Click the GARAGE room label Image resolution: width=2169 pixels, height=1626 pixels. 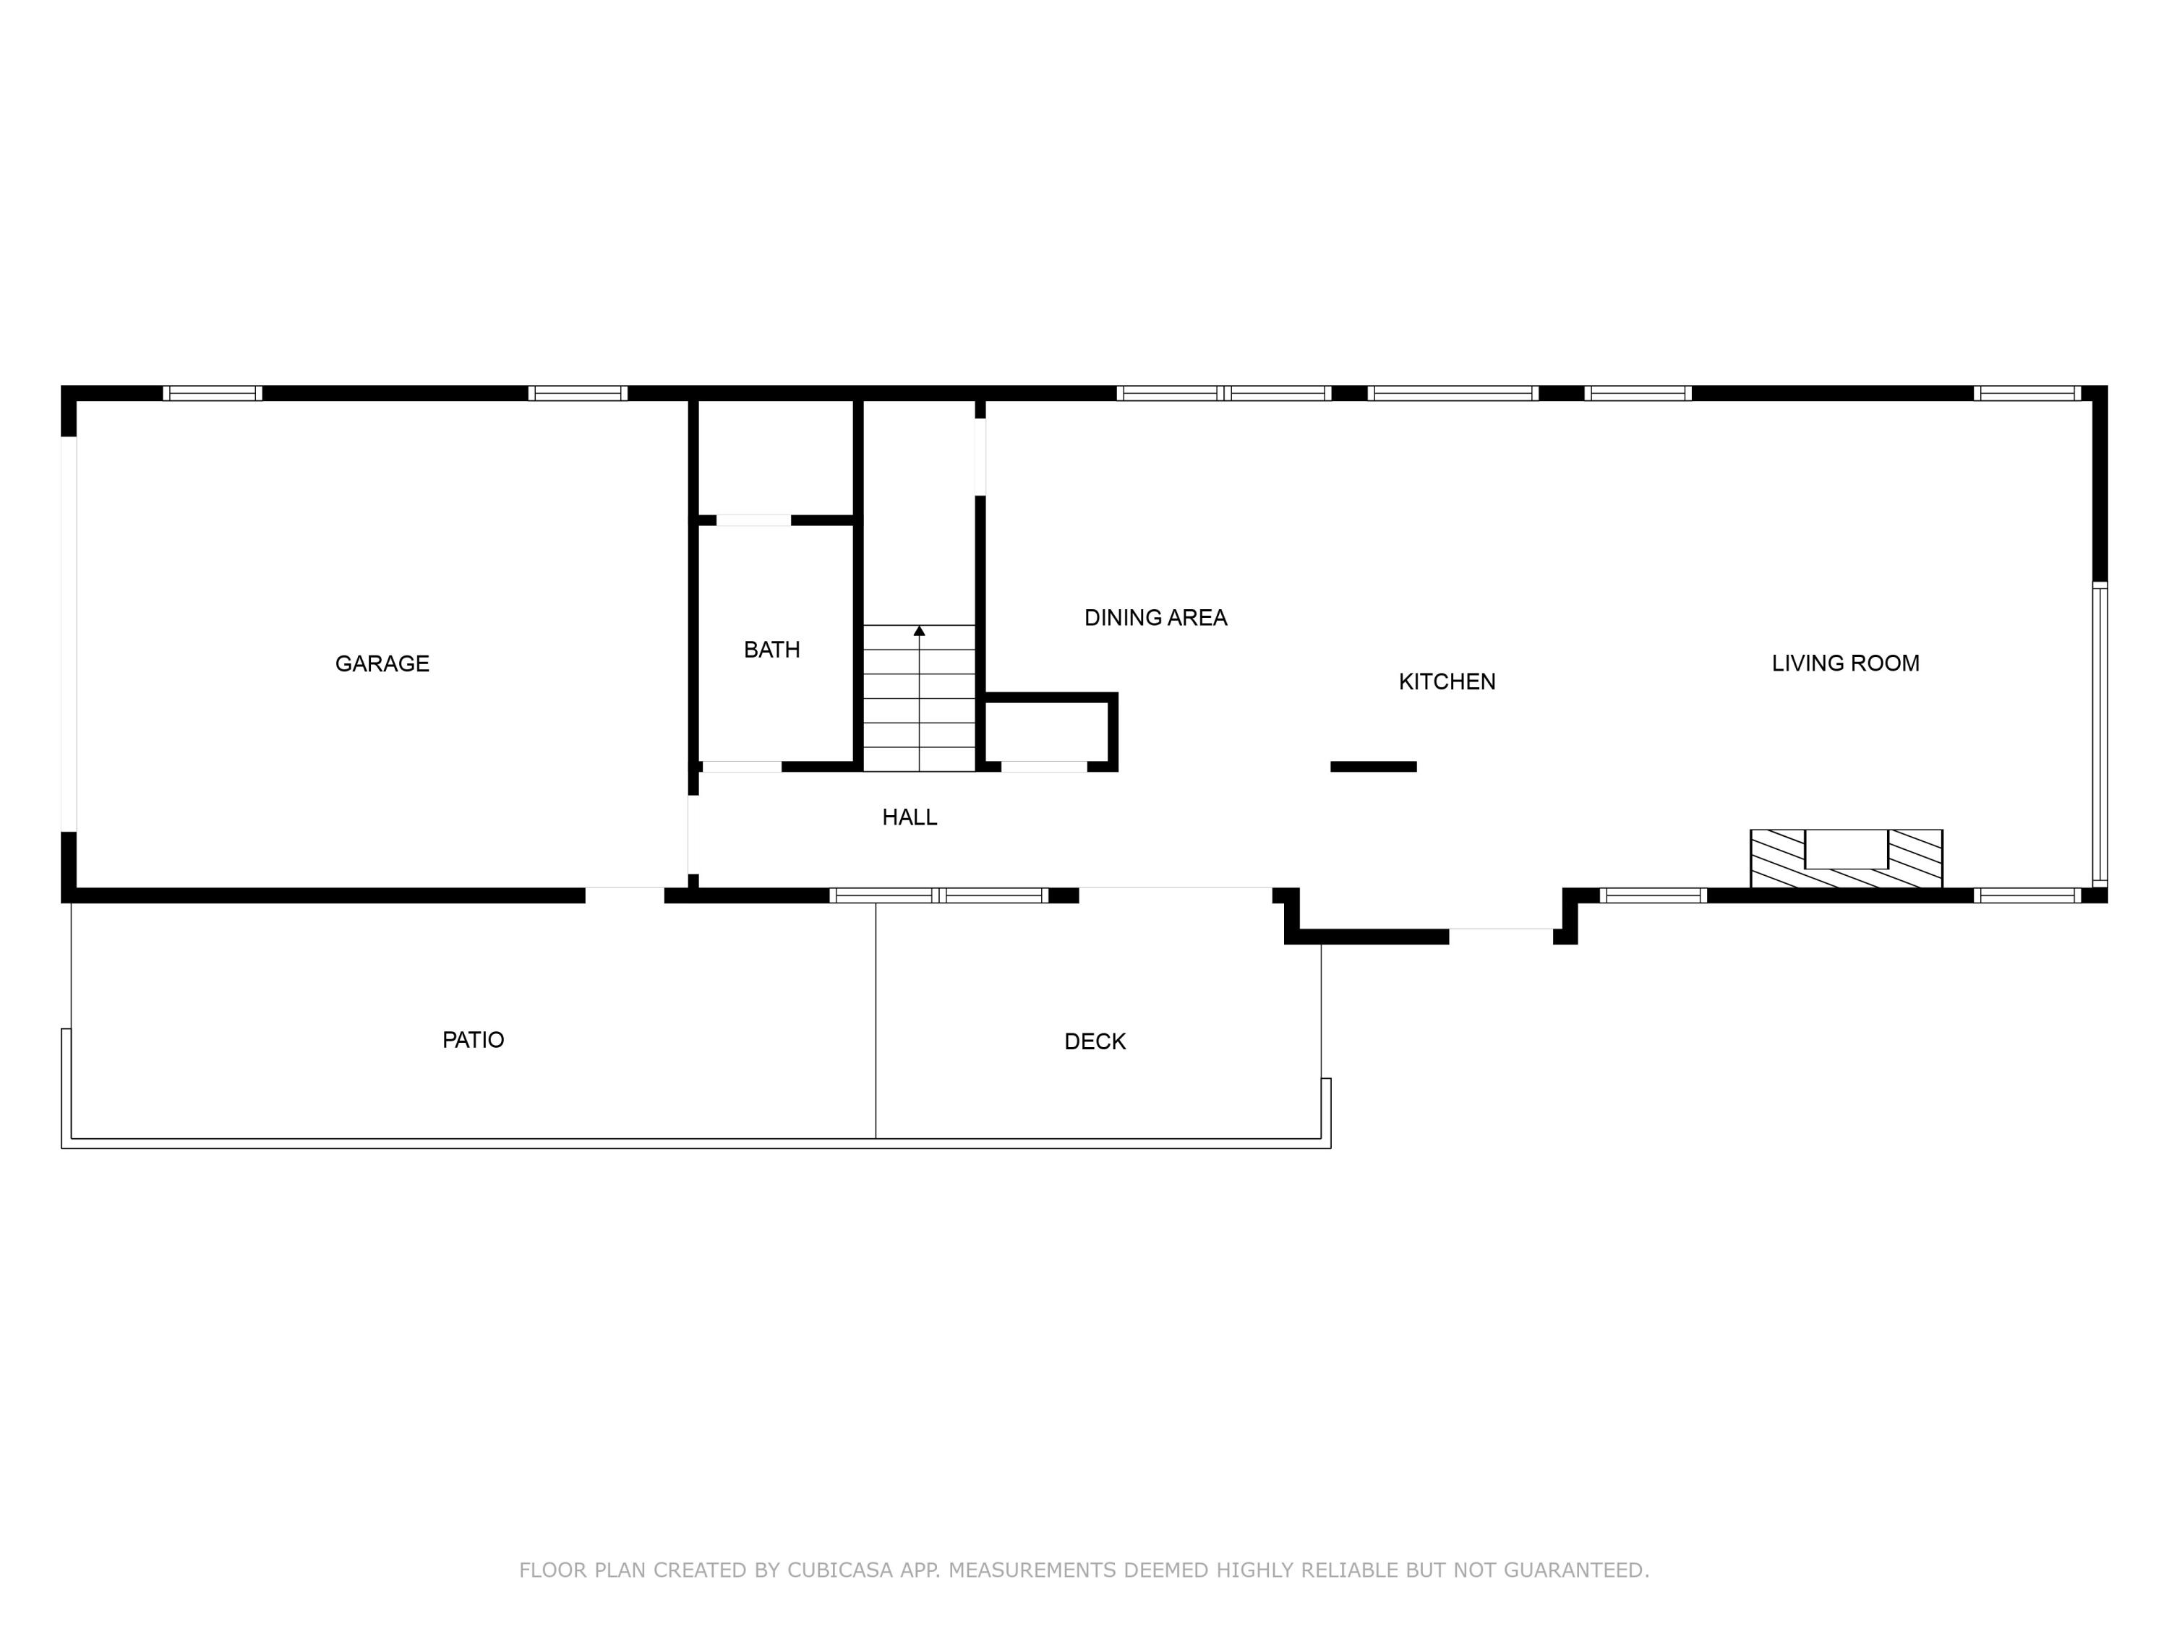(x=382, y=663)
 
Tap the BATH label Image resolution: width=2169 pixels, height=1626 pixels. (x=771, y=650)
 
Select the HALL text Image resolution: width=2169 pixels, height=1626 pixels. (x=909, y=817)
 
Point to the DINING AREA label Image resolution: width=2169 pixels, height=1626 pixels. (x=1155, y=617)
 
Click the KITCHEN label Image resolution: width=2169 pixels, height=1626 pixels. (x=1446, y=682)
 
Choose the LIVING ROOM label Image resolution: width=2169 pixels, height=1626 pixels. (x=1844, y=663)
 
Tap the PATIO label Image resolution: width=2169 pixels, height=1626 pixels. (x=473, y=1040)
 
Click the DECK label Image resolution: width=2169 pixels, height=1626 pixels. (x=1095, y=1042)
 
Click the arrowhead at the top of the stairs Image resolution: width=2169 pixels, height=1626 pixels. (x=919, y=631)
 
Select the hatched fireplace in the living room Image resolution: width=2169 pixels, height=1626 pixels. (x=1845, y=859)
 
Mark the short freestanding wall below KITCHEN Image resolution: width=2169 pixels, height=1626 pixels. (x=1373, y=767)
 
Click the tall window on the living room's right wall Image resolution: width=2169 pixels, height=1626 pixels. (x=2100, y=735)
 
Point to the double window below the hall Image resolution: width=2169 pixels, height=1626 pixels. (x=938, y=895)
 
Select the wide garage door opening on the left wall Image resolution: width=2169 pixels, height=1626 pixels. (x=69, y=633)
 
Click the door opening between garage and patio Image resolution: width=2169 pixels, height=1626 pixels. (x=625, y=895)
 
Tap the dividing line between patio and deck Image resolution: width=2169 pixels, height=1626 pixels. (x=876, y=1019)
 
